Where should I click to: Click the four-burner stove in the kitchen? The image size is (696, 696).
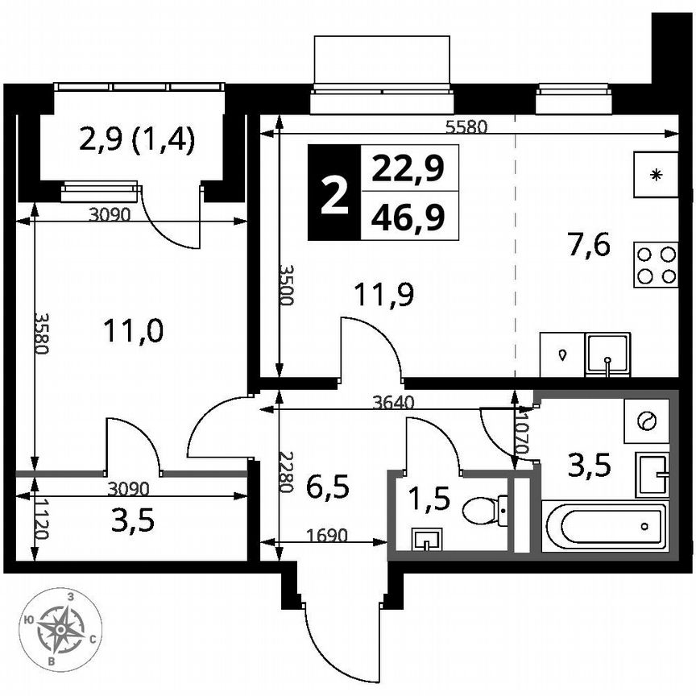pyautogui.click(x=657, y=265)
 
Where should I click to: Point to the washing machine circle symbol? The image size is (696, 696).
pyautogui.click(x=647, y=420)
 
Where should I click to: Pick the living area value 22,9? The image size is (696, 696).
pyautogui.click(x=408, y=170)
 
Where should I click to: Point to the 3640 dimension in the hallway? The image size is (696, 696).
pyautogui.click(x=395, y=403)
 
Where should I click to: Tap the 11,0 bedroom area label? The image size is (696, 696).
pyautogui.click(x=135, y=330)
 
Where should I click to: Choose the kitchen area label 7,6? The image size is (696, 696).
pyautogui.click(x=589, y=244)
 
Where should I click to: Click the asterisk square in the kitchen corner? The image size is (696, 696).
pyautogui.click(x=657, y=175)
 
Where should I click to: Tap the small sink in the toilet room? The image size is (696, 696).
pyautogui.click(x=425, y=539)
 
